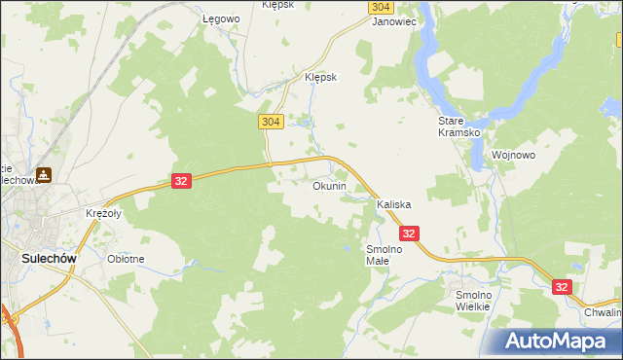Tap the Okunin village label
point(329,186)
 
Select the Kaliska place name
point(394,205)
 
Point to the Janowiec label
point(394,20)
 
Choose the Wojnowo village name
point(515,155)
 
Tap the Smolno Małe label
point(384,254)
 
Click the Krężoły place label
point(102,213)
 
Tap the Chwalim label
point(603,313)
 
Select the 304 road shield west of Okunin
point(271,122)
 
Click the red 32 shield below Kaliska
point(409,234)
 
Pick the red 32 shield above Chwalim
point(562,287)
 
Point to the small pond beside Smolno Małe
point(348,249)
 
